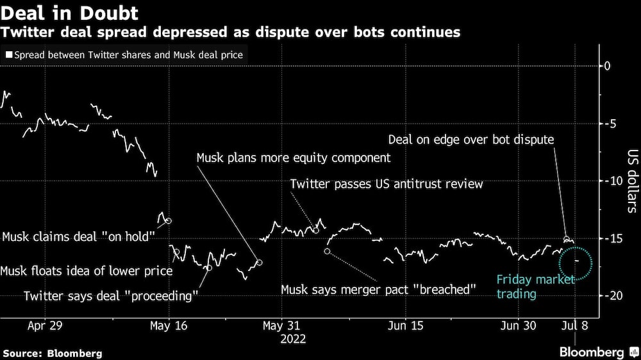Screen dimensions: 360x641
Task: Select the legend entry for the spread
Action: [124, 55]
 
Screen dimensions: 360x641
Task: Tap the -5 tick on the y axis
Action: [609, 124]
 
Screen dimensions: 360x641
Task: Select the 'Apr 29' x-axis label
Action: [45, 325]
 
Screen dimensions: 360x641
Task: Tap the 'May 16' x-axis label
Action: [169, 325]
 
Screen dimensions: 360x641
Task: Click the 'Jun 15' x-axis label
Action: [406, 325]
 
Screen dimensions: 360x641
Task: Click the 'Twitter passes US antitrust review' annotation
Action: [386, 184]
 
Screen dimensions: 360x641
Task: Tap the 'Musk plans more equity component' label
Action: [293, 158]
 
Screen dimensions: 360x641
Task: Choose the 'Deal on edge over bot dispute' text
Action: [471, 139]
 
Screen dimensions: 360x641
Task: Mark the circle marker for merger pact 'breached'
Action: [327, 251]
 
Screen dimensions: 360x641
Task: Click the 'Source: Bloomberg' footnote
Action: [53, 353]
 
